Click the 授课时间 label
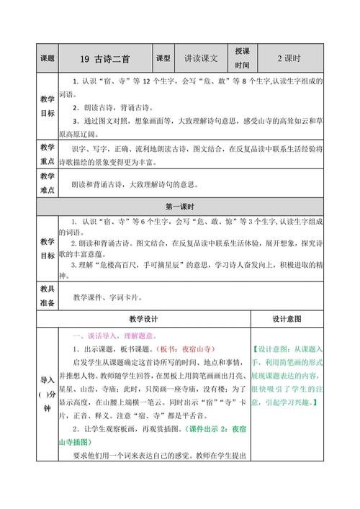[x=242, y=57]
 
